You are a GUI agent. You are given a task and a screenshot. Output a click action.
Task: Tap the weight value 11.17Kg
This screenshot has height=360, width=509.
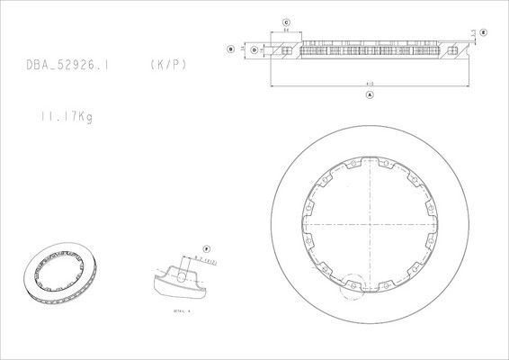pyautogui.click(x=66, y=115)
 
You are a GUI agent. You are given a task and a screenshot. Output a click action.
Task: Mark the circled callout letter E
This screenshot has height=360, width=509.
pyautogui.click(x=483, y=31)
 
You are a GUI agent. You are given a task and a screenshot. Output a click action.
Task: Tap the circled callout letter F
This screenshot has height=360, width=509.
pyautogui.click(x=205, y=247)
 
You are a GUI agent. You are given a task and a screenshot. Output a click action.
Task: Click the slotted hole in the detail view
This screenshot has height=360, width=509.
pyautogui.click(x=184, y=278)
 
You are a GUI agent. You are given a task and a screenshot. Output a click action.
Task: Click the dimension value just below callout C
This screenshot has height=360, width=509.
pyautogui.click(x=285, y=31)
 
